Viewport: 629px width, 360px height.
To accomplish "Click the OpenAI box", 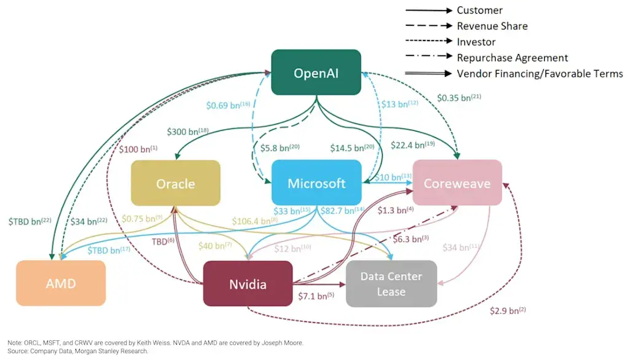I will coord(316,72).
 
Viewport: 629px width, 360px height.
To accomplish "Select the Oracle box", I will coord(175,182).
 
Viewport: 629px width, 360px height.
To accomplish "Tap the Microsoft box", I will coord(316,182).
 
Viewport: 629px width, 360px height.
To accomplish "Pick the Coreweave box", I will coord(457,182).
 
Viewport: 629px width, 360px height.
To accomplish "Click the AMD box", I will coord(60,283).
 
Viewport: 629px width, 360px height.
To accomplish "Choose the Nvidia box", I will coord(248,283).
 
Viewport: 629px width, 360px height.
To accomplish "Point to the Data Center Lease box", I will coord(391,283).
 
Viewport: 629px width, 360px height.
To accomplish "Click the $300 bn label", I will coord(187,131).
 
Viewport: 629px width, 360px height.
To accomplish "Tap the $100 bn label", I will coord(138,149).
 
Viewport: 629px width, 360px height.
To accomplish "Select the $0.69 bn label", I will coord(227,105).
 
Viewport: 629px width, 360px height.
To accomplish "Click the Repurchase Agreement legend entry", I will coord(512,58).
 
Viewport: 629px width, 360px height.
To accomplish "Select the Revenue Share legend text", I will coord(491,26).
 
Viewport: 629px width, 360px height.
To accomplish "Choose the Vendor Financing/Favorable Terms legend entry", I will coord(539,74).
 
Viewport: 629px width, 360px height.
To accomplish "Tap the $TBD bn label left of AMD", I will coord(29,220).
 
